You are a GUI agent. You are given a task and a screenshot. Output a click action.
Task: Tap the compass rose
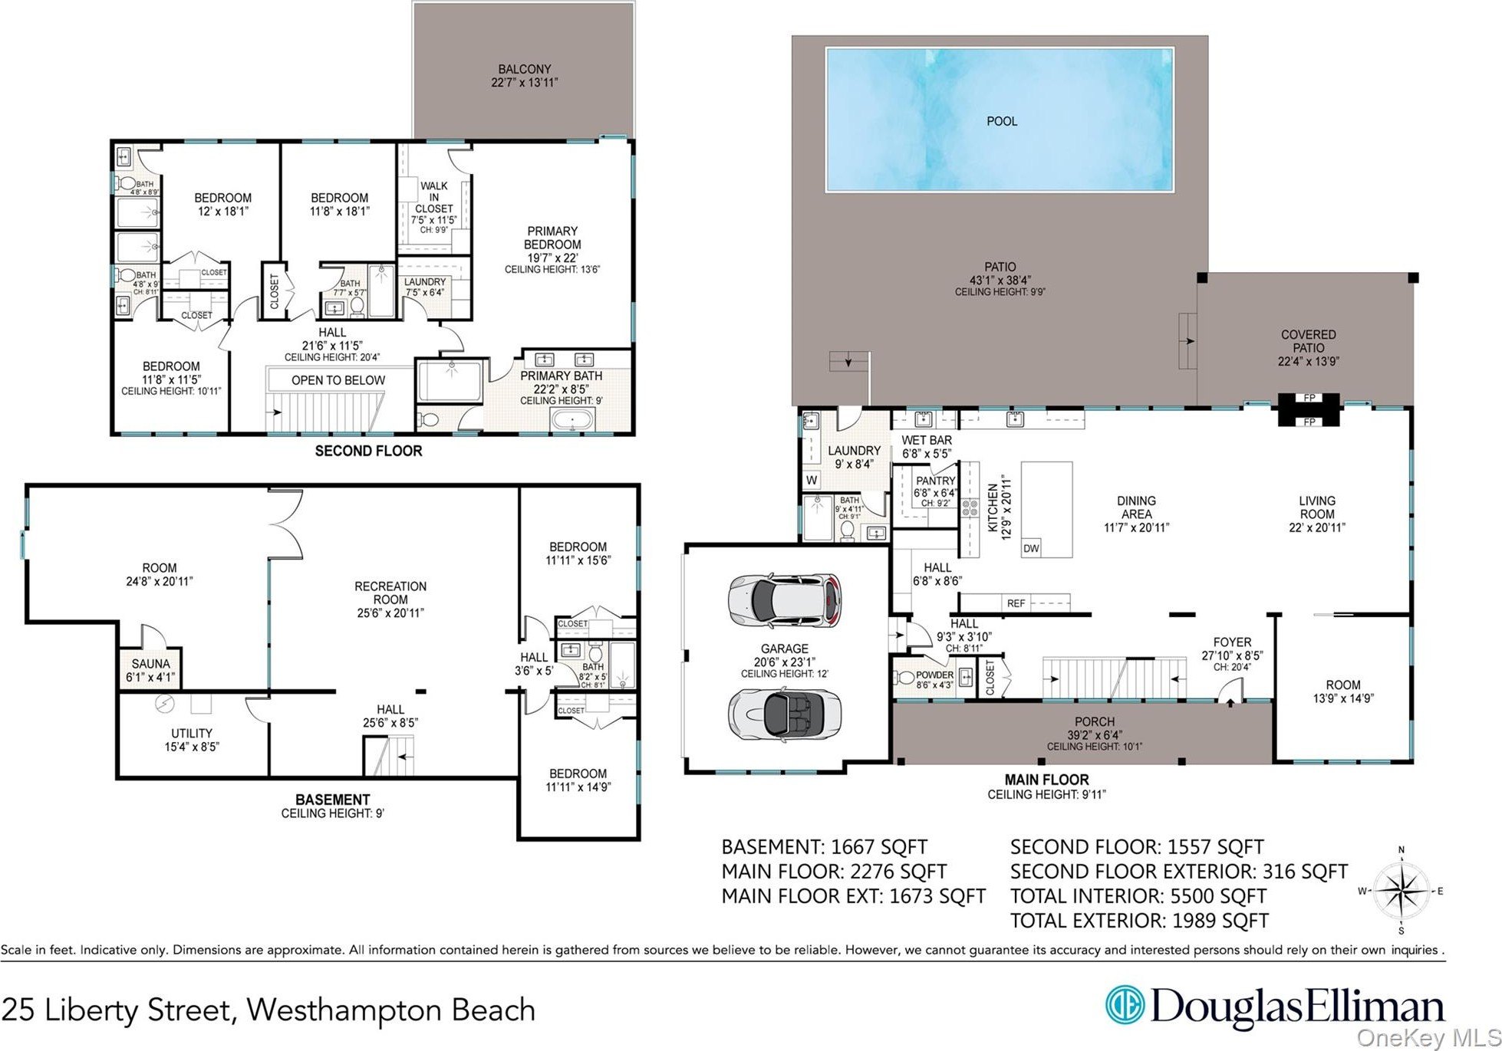1402,890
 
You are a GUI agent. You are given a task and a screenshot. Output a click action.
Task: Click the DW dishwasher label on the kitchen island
1031,548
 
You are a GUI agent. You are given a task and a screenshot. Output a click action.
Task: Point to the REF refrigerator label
1016,603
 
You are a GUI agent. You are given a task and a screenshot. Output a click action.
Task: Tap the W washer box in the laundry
812,481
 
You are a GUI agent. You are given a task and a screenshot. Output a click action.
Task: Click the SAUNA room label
150,664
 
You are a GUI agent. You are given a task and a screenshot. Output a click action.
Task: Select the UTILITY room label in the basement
191,733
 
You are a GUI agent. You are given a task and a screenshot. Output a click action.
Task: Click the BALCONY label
525,69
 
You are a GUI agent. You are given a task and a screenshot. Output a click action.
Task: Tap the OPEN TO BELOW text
338,380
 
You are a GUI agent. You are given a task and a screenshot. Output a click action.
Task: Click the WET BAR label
927,440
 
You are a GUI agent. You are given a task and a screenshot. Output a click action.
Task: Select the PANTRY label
936,481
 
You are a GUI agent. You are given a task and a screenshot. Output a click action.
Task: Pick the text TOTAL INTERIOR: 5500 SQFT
1138,895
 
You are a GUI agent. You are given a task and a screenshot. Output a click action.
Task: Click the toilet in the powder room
901,678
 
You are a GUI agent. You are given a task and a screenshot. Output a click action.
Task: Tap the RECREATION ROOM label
390,593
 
